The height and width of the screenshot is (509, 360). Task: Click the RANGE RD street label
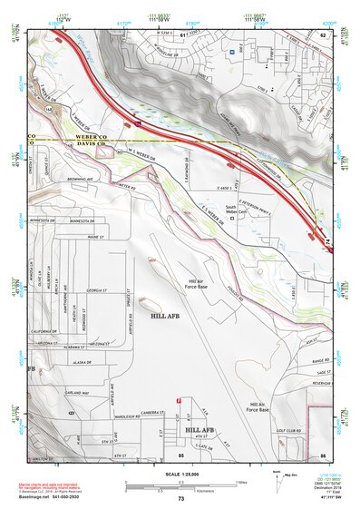tap(319, 361)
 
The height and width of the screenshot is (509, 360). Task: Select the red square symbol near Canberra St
tap(178, 400)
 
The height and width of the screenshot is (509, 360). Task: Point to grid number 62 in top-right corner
tap(324, 34)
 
